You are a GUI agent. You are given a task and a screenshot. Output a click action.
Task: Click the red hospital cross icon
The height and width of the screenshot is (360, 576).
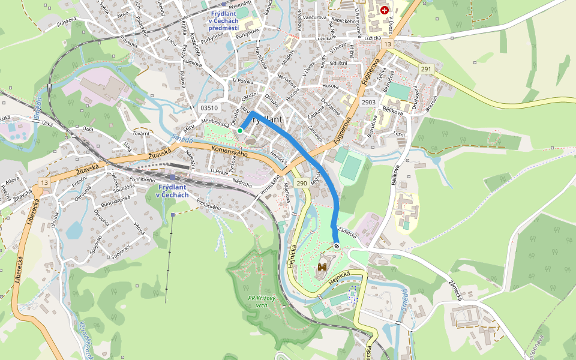(384, 10)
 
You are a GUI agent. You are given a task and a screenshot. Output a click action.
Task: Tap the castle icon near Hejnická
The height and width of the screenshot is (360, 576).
(323, 265)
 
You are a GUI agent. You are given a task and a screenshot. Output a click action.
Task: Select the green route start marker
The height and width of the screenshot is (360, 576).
(240, 130)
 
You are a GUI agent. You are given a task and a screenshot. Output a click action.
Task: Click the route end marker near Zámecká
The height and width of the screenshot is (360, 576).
(337, 245)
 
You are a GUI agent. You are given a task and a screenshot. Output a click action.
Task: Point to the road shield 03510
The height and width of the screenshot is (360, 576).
(209, 107)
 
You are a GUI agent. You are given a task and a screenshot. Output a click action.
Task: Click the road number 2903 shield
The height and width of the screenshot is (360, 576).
(368, 103)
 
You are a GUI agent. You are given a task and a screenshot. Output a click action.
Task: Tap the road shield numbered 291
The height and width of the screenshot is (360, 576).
(426, 69)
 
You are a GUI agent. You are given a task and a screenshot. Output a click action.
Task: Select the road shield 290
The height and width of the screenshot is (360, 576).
(301, 183)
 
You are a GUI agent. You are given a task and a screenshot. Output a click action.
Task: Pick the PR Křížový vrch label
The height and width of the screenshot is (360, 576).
(261, 301)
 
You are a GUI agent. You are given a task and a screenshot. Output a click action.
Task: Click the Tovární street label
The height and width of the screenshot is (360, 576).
(141, 133)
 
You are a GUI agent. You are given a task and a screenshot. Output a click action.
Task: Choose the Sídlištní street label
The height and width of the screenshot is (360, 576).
(338, 63)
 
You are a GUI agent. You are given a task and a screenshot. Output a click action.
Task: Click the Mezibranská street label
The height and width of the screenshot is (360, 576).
(217, 121)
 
